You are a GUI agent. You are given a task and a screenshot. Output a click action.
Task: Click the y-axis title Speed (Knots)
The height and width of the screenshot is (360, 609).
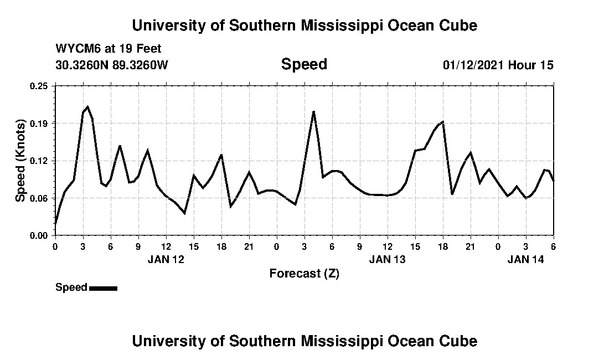(20, 161)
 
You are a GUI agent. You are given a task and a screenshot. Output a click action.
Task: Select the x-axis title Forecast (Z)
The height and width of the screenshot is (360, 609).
(304, 274)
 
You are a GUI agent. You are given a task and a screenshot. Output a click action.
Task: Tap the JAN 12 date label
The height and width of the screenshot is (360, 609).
(166, 259)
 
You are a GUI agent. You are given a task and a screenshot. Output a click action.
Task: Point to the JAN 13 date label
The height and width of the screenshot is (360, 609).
(388, 259)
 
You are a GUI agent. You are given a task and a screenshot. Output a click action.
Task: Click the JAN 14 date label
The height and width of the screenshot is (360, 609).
(526, 259)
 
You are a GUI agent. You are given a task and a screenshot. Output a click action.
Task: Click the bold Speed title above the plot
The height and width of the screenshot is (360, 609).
(304, 64)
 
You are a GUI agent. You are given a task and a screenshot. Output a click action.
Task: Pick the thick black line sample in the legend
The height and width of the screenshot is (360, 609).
(103, 288)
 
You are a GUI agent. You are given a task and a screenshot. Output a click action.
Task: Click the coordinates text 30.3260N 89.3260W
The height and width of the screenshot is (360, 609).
(111, 65)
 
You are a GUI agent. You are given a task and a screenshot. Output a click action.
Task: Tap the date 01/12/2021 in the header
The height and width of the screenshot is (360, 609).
(473, 65)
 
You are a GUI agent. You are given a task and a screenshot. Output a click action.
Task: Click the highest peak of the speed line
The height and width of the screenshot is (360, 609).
(87, 106)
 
